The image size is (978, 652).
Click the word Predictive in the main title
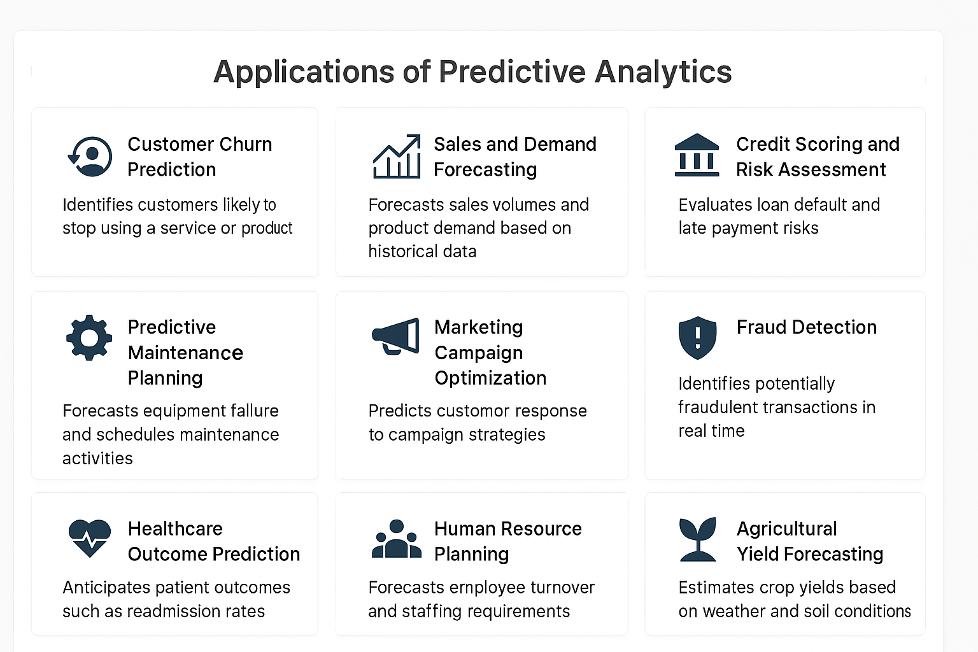512,71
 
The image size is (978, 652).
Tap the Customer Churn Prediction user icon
90,157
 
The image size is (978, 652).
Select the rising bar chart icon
397,157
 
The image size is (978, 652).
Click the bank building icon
697,155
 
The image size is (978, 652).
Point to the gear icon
89,337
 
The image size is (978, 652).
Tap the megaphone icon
395,336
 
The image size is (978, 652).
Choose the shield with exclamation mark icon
697,337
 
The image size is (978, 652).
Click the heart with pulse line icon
90,538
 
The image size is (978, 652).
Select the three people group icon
397,539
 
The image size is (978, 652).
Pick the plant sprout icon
698,539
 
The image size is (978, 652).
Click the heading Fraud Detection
807,327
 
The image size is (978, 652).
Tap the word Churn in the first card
245,144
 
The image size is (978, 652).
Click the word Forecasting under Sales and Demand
485,170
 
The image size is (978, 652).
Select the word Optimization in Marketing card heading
490,378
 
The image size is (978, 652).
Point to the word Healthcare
175,529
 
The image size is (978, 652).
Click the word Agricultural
787,529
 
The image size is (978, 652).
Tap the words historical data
422,252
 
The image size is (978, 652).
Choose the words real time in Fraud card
711,431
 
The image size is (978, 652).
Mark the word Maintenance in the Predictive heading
185,353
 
